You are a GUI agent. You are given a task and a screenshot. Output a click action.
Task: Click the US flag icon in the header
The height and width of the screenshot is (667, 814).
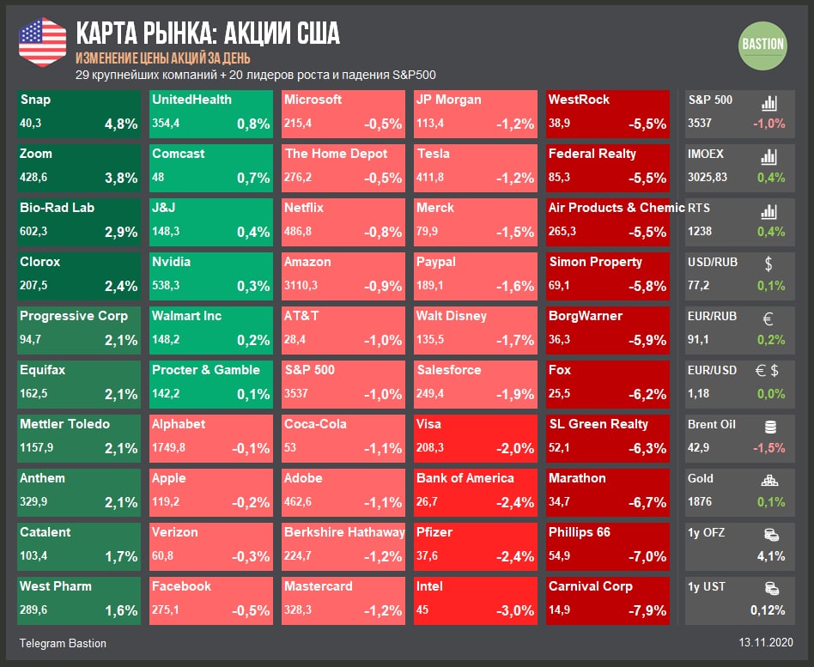(x=42, y=41)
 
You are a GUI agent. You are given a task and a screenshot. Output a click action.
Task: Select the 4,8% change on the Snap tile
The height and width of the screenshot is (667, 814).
(x=121, y=124)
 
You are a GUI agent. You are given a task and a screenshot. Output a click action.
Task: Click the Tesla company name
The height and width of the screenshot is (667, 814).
(x=433, y=154)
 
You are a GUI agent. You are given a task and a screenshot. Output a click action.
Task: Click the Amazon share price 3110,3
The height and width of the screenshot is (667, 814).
(x=301, y=285)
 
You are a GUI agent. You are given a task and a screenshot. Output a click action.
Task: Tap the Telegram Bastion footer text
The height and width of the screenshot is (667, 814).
(x=63, y=643)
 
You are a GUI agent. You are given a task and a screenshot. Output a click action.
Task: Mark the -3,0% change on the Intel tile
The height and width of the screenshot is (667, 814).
(x=517, y=610)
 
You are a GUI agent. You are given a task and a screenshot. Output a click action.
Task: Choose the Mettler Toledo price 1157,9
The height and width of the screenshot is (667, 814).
(x=37, y=447)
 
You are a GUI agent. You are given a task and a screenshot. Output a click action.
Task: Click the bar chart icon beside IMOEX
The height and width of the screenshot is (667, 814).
(x=769, y=156)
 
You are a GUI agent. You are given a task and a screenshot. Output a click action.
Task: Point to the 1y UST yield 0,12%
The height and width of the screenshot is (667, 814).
(x=766, y=610)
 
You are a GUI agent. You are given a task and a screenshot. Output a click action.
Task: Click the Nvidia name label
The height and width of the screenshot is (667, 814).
(x=171, y=262)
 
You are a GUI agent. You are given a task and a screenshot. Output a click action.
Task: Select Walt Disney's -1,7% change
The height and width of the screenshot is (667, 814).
(x=515, y=340)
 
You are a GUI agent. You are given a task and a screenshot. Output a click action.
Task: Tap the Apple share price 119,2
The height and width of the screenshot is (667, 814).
(x=168, y=501)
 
